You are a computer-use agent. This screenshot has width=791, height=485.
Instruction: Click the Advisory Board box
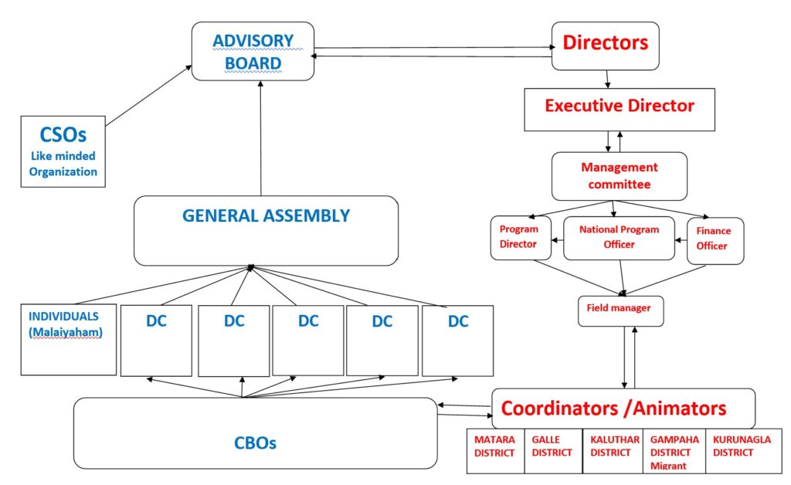253,51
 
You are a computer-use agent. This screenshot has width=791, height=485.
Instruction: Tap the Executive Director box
620,107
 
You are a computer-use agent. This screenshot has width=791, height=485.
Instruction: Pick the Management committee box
619,176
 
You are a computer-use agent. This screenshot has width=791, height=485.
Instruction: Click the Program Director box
520,237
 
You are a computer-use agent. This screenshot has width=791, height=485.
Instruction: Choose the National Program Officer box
619,237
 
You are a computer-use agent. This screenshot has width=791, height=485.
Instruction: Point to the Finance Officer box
715,239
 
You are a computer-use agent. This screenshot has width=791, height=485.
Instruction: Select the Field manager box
620,309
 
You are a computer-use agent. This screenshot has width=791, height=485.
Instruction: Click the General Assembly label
266,215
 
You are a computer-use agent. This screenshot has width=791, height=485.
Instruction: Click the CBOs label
255,443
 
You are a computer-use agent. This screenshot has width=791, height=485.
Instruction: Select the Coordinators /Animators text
614,408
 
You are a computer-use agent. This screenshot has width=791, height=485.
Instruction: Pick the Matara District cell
495,451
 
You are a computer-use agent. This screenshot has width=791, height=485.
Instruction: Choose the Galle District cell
552,451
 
